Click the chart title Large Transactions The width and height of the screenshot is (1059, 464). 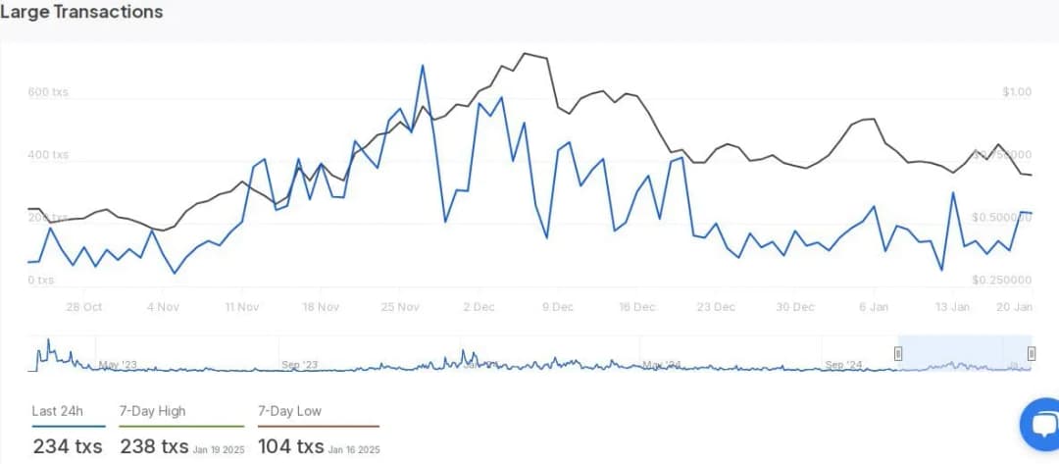pyautogui.click(x=81, y=13)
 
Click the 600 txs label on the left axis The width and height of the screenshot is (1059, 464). pyautogui.click(x=48, y=92)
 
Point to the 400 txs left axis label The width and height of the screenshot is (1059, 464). pyautogui.click(x=48, y=155)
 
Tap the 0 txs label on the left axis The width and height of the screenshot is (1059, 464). pyautogui.click(x=40, y=281)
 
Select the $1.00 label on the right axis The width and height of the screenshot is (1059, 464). pyautogui.click(x=1017, y=92)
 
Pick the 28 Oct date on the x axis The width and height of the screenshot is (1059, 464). pyautogui.click(x=84, y=307)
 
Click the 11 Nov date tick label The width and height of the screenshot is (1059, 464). pyautogui.click(x=241, y=307)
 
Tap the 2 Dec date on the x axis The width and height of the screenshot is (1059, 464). pyautogui.click(x=479, y=307)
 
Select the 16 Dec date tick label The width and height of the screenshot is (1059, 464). pyautogui.click(x=636, y=307)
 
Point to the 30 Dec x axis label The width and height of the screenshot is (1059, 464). pyautogui.click(x=795, y=307)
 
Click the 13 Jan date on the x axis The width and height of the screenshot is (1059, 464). pyautogui.click(x=952, y=307)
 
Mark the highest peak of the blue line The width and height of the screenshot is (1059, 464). pyautogui.click(x=423, y=66)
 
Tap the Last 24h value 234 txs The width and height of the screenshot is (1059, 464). pyautogui.click(x=69, y=446)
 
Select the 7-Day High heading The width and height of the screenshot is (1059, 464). pyautogui.click(x=152, y=411)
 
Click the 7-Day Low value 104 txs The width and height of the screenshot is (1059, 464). pyautogui.click(x=291, y=446)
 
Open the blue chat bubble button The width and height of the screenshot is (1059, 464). pyautogui.click(x=1040, y=424)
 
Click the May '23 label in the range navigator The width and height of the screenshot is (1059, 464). pyautogui.click(x=117, y=365)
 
